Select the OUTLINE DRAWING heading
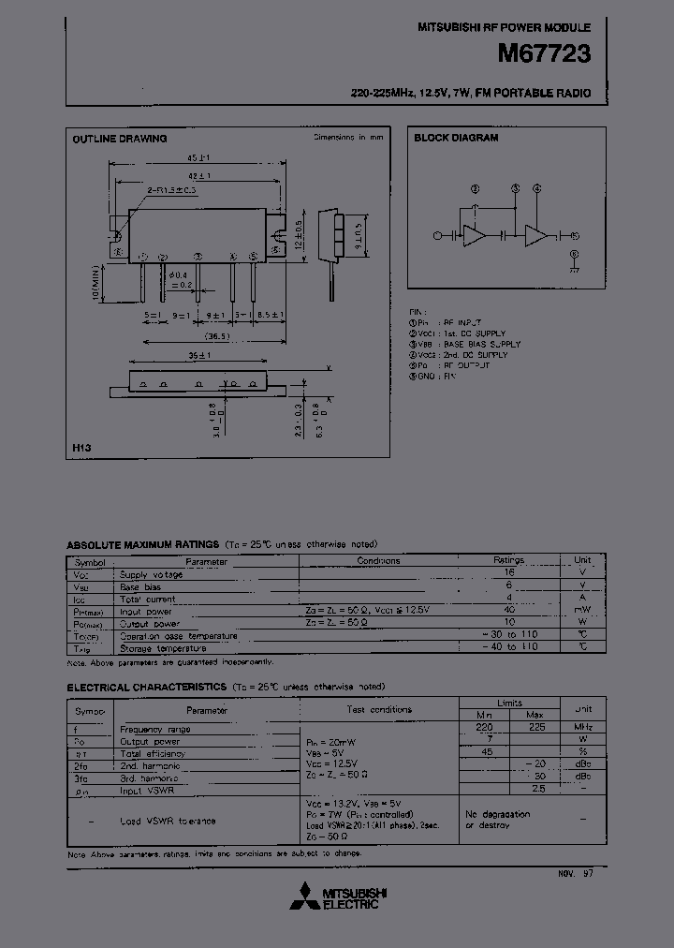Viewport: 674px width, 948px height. click(120, 139)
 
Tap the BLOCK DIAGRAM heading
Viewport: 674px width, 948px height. click(456, 138)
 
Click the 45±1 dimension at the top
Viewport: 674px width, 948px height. click(198, 157)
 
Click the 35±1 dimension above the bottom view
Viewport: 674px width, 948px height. click(198, 355)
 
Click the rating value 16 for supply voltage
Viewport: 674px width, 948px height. click(510, 573)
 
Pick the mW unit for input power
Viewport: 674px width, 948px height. click(582, 610)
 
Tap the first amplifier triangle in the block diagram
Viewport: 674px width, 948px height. click(475, 236)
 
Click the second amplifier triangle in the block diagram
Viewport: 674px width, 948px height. click(536, 236)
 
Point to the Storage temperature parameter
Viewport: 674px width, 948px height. click(163, 647)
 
